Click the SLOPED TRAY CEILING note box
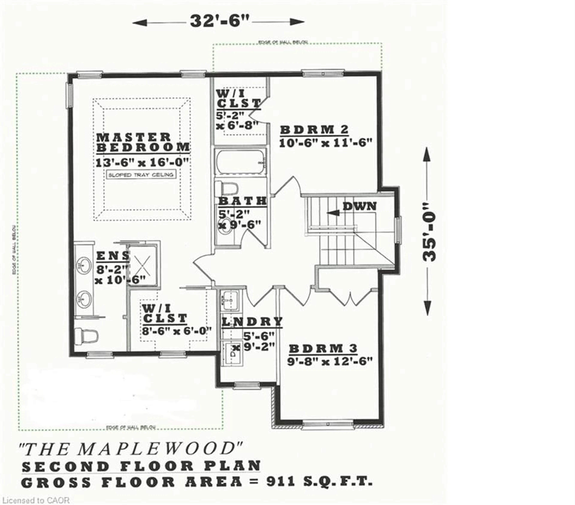[141, 175]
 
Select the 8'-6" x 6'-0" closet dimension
[177, 331]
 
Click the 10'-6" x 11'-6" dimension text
[326, 143]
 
